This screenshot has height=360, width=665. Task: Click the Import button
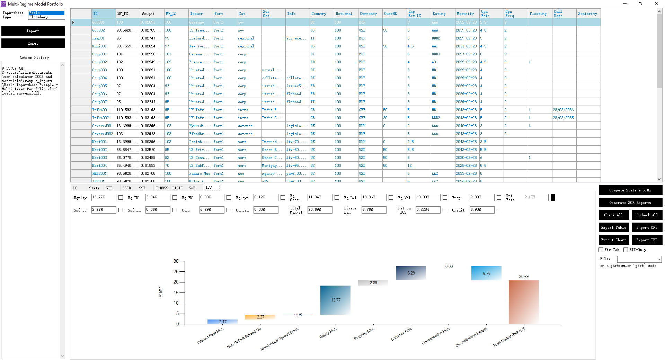33,31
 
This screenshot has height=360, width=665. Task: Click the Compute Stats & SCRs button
630,190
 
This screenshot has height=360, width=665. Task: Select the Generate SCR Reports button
630,202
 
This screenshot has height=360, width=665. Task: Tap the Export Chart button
613,240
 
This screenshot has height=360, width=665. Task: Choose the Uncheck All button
647,215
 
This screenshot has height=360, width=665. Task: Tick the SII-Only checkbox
626,250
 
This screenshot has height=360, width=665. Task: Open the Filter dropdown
639,259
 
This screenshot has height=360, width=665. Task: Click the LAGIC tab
177,188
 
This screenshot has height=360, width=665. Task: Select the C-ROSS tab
161,188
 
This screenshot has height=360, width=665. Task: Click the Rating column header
439,13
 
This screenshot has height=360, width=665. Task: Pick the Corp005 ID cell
99,86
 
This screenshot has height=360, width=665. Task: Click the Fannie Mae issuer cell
199,173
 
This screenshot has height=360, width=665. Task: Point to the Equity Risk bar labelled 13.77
335,300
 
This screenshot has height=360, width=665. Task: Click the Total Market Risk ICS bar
523,302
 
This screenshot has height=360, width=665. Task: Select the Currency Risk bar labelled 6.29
411,273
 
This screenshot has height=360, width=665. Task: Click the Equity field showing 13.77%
103,197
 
